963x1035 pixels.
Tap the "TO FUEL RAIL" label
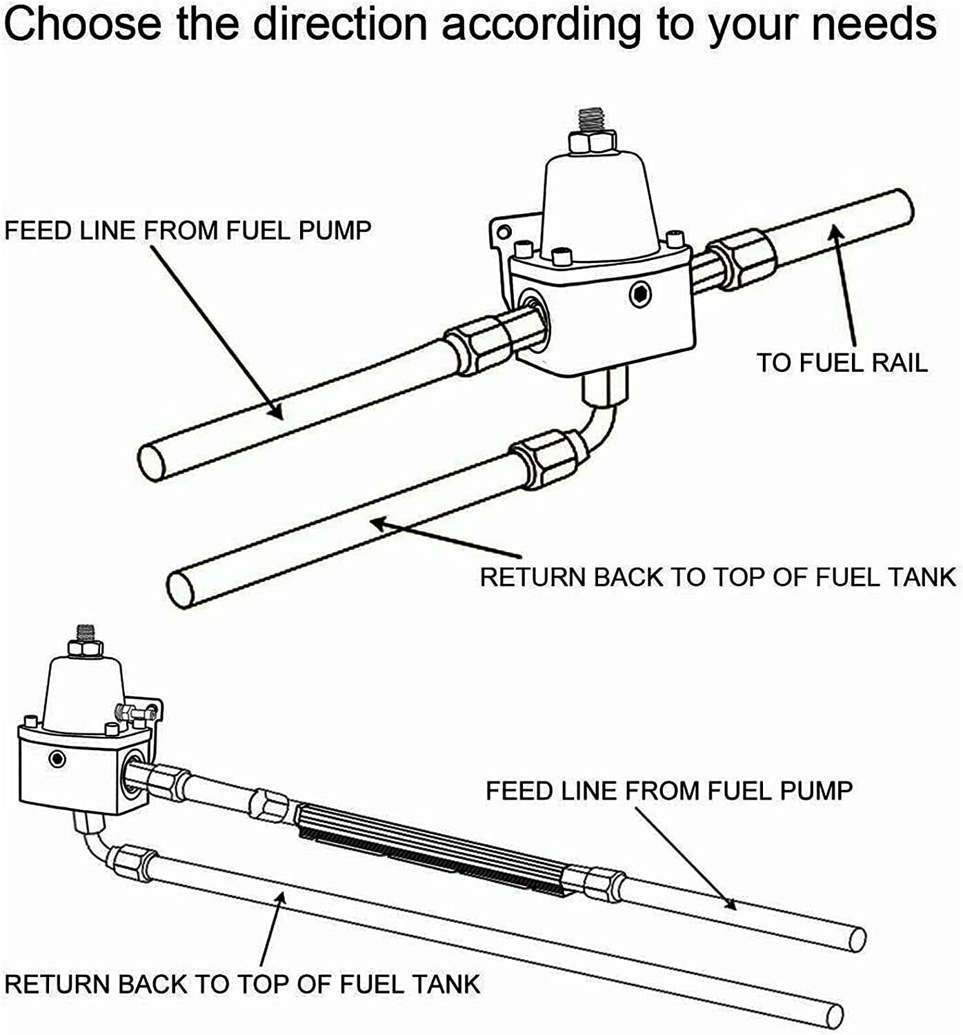[842, 363]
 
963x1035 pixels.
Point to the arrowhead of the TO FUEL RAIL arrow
[836, 230]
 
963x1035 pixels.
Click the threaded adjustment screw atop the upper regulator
[593, 120]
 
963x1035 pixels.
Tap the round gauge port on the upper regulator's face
[640, 295]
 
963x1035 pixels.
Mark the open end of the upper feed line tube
[151, 461]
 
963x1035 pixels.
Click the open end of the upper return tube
[181, 589]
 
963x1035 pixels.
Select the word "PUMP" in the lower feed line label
[816, 791]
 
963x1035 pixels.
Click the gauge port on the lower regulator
[55, 759]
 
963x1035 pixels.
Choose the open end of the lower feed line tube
[857, 940]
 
